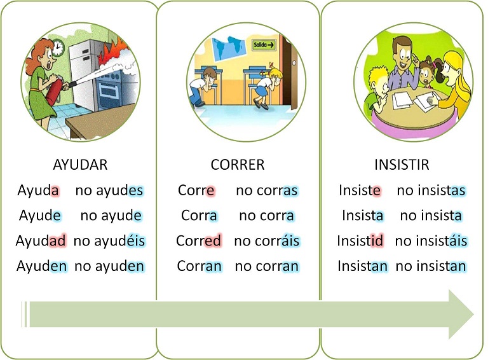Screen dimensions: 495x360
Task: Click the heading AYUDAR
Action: pos(80,165)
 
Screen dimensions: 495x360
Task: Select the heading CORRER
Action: pos(238,165)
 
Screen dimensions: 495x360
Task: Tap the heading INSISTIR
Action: pos(402,165)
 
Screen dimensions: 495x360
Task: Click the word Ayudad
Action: pos(41,240)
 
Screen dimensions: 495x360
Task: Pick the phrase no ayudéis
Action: pos(109,240)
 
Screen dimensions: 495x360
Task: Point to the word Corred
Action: pos(198,240)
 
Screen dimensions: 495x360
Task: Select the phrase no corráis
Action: pos(267,240)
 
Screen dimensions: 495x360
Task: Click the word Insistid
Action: pos(360,240)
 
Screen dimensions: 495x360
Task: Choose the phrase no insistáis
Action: pos(431,240)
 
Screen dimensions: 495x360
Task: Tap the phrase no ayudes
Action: pos(109,190)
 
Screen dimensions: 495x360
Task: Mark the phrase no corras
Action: pos(267,190)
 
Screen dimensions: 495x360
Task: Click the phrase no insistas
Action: pos(431,190)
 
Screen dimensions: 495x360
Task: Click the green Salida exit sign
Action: pos(264,45)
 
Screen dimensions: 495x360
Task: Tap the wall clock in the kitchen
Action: pos(58,48)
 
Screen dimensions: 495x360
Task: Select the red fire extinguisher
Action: pos(55,90)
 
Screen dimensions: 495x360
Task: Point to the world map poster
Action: pos(229,49)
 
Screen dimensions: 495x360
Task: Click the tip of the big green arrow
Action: pos(474,314)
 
